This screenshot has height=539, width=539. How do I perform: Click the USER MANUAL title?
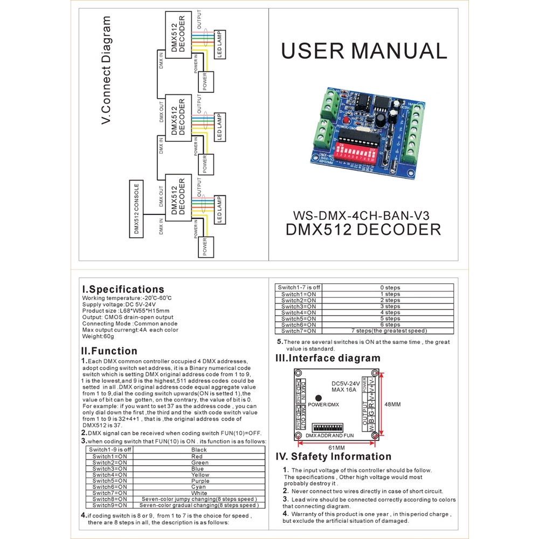364,51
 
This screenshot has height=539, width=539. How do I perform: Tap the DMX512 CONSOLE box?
137,211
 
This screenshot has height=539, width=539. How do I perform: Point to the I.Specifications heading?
122,289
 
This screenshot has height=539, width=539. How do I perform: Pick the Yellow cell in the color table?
200,475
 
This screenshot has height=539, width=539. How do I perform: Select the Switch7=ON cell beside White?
109,493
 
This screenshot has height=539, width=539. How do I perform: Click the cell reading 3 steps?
390,306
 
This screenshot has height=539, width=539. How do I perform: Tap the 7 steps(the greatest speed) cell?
390,330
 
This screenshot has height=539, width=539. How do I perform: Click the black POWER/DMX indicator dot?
319,397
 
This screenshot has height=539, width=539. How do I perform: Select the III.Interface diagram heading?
328,358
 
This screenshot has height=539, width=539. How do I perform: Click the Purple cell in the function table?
200,481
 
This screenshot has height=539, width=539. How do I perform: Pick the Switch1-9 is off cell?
109,450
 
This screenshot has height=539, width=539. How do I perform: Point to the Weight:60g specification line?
98,336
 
